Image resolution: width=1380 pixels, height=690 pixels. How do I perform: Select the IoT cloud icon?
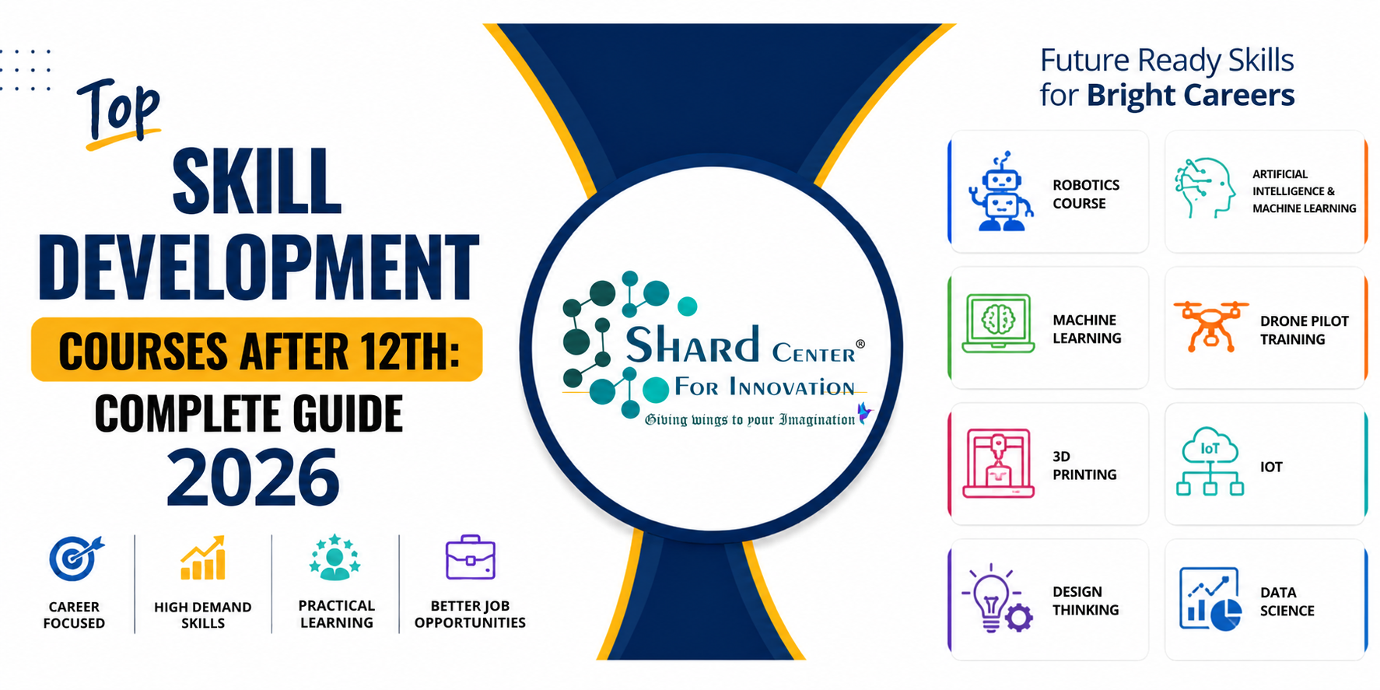click(x=1210, y=461)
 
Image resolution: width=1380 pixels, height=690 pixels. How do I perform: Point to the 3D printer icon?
click(x=998, y=464)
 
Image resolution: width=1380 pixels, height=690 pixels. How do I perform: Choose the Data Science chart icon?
click(x=1210, y=599)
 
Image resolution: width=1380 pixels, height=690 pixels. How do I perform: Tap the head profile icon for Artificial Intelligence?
click(x=1205, y=188)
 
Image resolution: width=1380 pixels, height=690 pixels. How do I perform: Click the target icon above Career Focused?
click(x=76, y=558)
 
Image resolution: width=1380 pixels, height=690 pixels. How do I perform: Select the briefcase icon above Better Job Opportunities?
click(x=470, y=557)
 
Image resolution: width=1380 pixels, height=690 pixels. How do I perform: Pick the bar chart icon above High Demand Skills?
click(x=203, y=558)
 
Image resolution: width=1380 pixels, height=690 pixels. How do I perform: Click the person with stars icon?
click(x=335, y=557)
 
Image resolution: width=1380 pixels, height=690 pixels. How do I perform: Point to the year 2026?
click(x=254, y=478)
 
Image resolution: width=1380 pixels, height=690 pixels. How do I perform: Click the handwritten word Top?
click(x=119, y=112)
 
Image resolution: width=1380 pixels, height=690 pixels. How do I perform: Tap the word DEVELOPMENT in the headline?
click(x=258, y=267)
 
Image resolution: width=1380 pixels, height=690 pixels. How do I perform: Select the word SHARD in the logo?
click(x=692, y=345)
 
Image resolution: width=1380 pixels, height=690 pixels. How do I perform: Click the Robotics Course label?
click(x=1086, y=194)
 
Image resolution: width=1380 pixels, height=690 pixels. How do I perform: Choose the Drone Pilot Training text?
click(x=1305, y=330)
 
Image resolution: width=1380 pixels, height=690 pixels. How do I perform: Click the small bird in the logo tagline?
click(x=864, y=412)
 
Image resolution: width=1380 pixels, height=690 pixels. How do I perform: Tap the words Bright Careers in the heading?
click(x=1190, y=96)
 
